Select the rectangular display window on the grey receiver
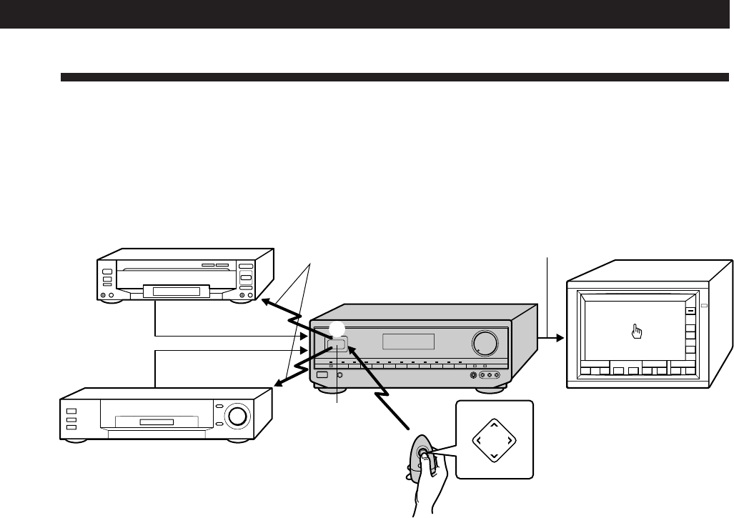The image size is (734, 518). point(408,342)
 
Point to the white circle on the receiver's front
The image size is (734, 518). point(337,329)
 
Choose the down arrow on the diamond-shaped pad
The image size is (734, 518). point(493,455)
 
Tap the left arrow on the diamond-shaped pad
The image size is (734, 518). point(477,439)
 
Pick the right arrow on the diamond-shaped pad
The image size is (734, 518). point(510,439)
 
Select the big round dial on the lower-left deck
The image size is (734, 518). point(237,416)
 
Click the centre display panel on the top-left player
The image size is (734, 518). point(177,290)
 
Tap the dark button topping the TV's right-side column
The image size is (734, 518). point(690,312)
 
